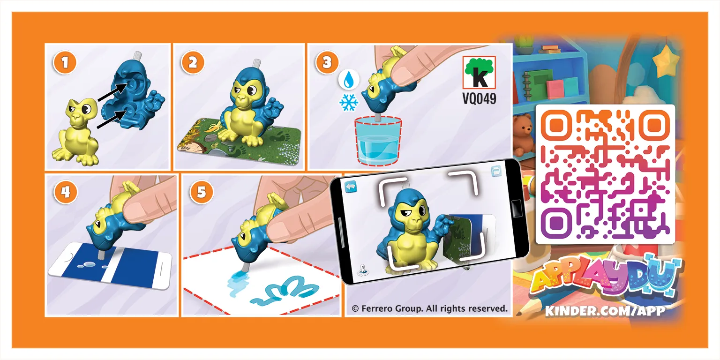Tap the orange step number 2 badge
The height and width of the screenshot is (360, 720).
pos(193,63)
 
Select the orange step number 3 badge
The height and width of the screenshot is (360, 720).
pos(327,62)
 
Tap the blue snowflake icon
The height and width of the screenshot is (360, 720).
pos(348,102)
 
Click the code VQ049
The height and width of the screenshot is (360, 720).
pos(479,99)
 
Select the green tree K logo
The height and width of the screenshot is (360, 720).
pos(479,73)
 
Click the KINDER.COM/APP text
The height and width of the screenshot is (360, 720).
pos(605,310)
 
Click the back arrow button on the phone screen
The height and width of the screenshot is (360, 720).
pos(351,187)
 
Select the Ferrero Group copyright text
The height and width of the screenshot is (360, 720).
pos(429,308)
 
